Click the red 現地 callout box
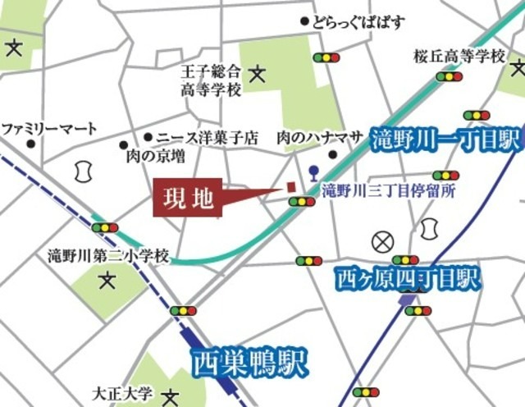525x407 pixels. click(x=188, y=198)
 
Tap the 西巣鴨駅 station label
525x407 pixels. click(x=237, y=361)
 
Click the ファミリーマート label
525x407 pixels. click(x=49, y=129)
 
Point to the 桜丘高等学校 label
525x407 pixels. click(x=459, y=57)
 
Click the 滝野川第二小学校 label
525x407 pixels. click(x=107, y=256)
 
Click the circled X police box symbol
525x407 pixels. click(x=382, y=241)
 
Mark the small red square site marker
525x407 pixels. click(x=290, y=187)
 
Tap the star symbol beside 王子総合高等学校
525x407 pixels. click(x=258, y=75)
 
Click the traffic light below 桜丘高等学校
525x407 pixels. click(x=449, y=76)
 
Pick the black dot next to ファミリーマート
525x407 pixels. click(x=30, y=144)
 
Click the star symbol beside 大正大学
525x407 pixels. click(x=171, y=397)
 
